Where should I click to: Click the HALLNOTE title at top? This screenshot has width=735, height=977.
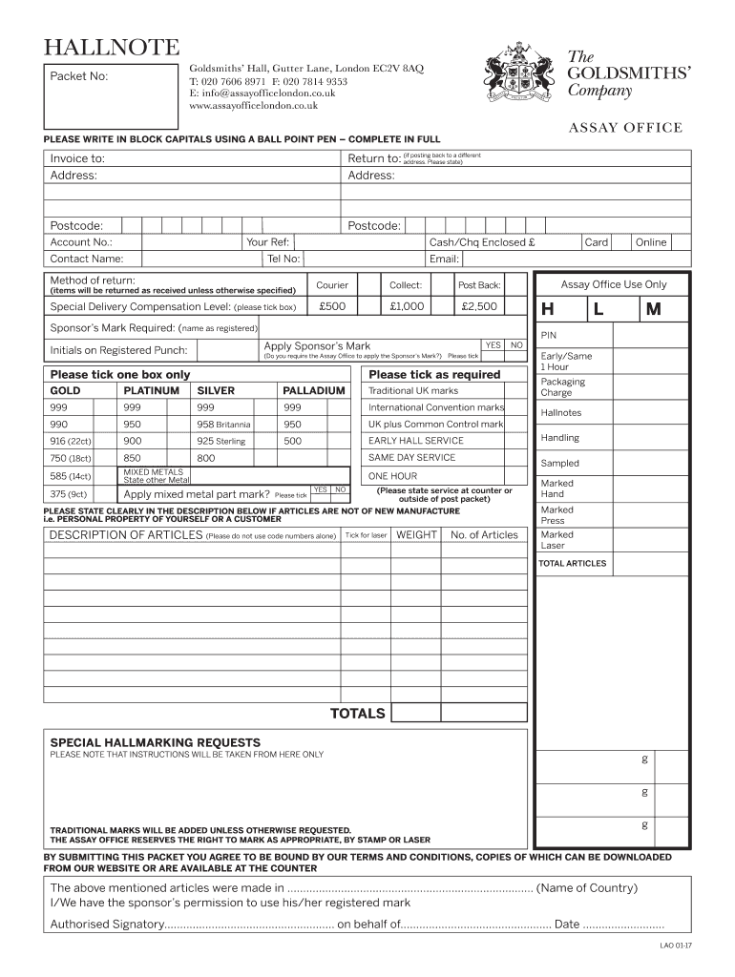pyautogui.click(x=105, y=48)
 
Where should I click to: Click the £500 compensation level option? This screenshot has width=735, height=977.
pyautogui.click(x=332, y=306)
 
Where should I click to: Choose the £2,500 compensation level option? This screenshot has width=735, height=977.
pyautogui.click(x=479, y=306)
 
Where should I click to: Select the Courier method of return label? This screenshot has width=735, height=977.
pyautogui.click(x=332, y=285)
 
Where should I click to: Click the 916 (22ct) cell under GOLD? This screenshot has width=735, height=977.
pyautogui.click(x=71, y=441)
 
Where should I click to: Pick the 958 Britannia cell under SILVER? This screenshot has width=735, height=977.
pyautogui.click(x=223, y=424)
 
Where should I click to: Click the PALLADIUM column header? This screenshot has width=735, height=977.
pyautogui.click(x=313, y=391)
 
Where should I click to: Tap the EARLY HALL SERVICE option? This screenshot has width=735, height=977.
pyautogui.click(x=415, y=441)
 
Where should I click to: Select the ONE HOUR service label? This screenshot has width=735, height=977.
pyautogui.click(x=392, y=476)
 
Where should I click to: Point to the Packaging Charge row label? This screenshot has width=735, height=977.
pyautogui.click(x=562, y=387)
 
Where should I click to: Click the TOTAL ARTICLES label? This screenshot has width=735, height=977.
pyautogui.click(x=572, y=564)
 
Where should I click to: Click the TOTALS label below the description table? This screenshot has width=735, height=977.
pyautogui.click(x=357, y=714)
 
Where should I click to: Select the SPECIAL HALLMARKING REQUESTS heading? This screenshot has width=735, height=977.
pyautogui.click(x=155, y=742)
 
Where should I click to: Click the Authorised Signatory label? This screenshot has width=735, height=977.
pyautogui.click(x=106, y=925)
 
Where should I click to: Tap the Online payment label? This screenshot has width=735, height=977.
pyautogui.click(x=651, y=242)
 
